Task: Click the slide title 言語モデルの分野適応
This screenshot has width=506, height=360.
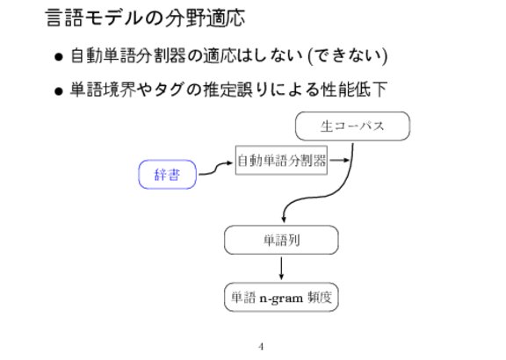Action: (x=145, y=18)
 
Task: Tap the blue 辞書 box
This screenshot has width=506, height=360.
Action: (x=167, y=175)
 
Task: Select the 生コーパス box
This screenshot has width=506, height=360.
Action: (x=352, y=126)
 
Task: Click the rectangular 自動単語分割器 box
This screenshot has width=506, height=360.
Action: (x=281, y=161)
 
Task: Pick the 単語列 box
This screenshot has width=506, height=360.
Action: (x=281, y=240)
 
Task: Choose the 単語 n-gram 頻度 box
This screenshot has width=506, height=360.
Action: (x=281, y=297)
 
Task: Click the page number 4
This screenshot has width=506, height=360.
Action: (x=261, y=347)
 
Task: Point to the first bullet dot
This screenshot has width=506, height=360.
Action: (x=58, y=57)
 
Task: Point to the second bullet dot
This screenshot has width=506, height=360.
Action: (x=58, y=91)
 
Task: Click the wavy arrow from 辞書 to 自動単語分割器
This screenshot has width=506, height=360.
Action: (x=215, y=169)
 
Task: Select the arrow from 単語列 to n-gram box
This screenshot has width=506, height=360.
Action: (x=281, y=269)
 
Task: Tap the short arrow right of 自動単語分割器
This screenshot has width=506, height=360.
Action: (x=339, y=160)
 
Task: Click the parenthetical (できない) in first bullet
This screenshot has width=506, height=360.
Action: (x=348, y=56)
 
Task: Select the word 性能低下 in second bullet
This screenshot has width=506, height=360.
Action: (x=354, y=90)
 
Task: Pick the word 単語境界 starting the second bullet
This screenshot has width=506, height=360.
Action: (x=104, y=90)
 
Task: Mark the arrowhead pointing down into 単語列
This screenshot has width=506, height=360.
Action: (x=284, y=219)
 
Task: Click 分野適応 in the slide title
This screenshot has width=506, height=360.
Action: (x=206, y=18)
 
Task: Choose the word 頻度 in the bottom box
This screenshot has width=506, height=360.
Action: (x=320, y=297)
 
